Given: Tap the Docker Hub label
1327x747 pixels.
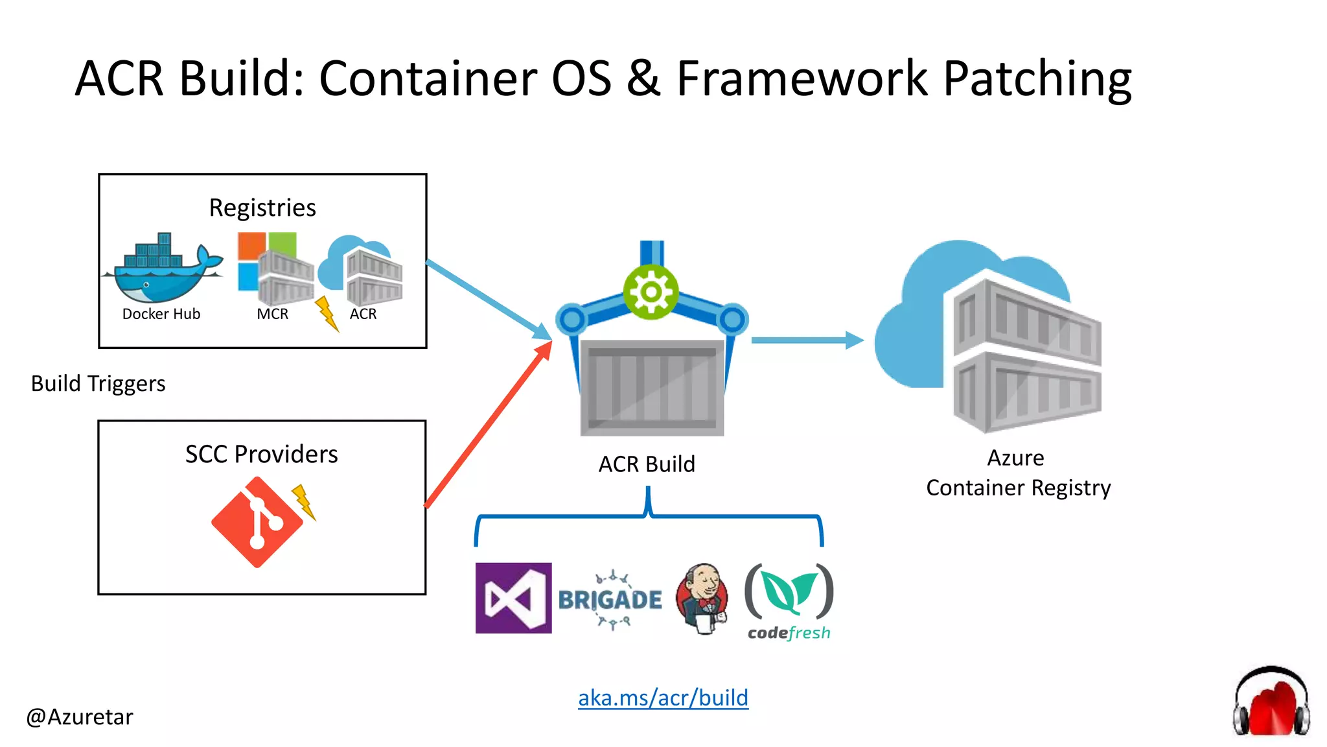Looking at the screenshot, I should [x=161, y=314].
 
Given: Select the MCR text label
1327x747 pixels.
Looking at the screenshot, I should [x=272, y=314].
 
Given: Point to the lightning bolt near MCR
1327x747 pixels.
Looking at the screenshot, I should [x=327, y=314].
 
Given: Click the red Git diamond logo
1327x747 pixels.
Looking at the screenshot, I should [x=257, y=522].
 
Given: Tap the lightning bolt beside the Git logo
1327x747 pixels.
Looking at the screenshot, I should [x=304, y=502].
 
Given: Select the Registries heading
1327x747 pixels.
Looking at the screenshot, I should [x=262, y=207].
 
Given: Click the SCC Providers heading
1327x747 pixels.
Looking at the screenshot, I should [x=261, y=454].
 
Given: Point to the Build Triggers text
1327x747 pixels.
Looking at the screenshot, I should [x=98, y=384].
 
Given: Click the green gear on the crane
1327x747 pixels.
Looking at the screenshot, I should [x=651, y=292].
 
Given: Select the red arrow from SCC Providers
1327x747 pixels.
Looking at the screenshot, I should [x=489, y=425].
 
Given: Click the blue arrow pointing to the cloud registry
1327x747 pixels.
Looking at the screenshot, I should [x=807, y=340].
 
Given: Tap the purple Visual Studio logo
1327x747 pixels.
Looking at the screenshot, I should [x=513, y=598].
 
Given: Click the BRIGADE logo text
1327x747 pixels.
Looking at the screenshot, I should [x=610, y=600].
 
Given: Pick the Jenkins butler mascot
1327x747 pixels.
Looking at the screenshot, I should [x=702, y=598].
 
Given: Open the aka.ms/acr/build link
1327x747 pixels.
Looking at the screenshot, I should [x=663, y=698].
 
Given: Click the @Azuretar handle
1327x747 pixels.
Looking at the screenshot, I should [x=79, y=717].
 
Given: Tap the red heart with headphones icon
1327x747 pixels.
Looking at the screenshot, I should [x=1271, y=704].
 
